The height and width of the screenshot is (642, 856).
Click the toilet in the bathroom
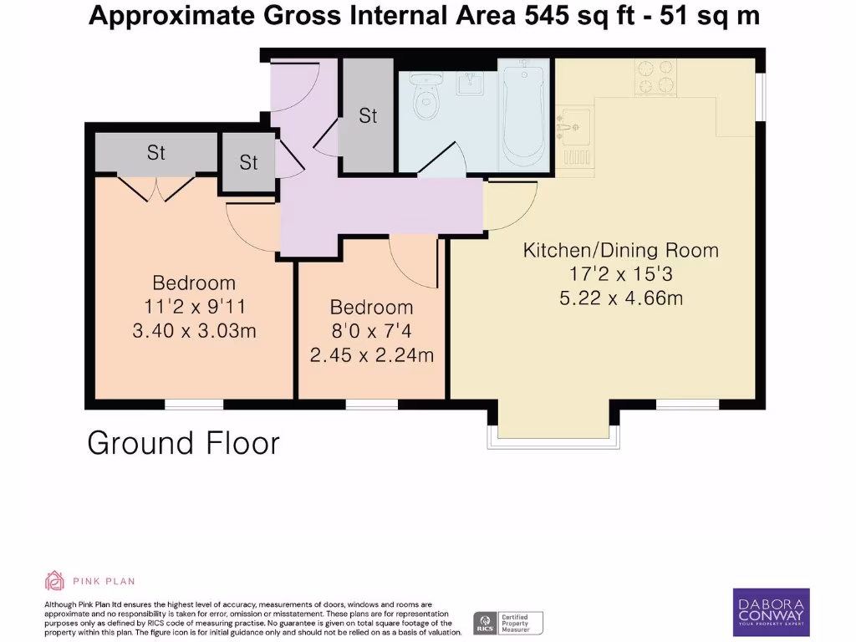coord(429,101)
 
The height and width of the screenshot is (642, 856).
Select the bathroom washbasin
coord(471,82)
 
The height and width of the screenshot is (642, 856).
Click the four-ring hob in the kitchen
coord(656,78)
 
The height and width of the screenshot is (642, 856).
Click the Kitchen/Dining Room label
coord(620,250)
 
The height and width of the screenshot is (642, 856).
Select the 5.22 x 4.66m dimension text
coord(620,297)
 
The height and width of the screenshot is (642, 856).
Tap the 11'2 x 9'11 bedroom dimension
coord(194,307)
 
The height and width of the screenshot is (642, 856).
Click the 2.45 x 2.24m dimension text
coord(371,355)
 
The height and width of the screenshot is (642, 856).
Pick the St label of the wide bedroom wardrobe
coord(156,152)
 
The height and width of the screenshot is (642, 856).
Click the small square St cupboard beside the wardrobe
coord(248,162)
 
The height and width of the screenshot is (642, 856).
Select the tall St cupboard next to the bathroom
coord(368,116)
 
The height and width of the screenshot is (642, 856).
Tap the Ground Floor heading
coord(183,443)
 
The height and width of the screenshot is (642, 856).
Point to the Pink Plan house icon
coord(54,580)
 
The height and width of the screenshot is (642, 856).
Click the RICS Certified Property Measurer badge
coord(508,622)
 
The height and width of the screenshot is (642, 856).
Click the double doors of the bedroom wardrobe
coord(155,189)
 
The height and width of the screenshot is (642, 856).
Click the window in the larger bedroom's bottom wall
coord(194,405)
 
